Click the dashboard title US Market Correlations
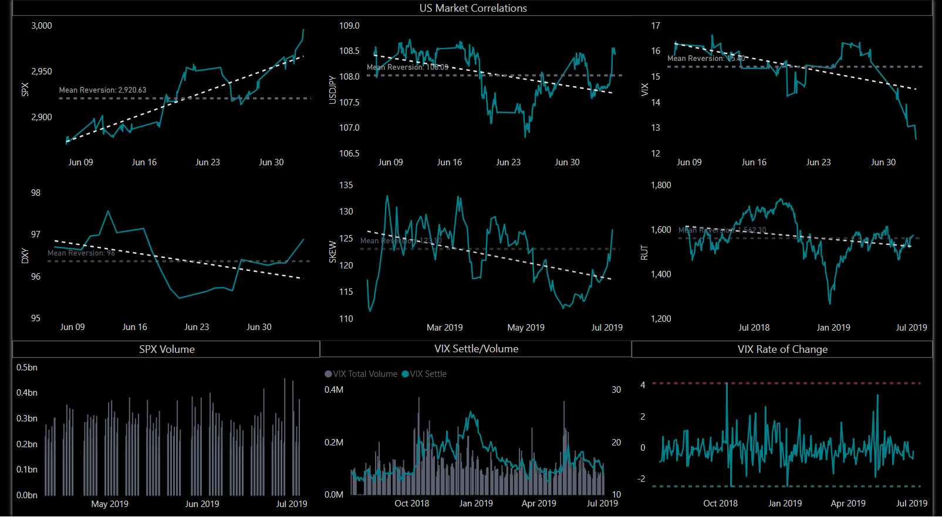pyautogui.click(x=473, y=8)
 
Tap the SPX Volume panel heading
pyautogui.click(x=167, y=349)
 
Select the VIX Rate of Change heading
pyautogui.click(x=782, y=349)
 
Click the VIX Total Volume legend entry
pyautogui.click(x=361, y=374)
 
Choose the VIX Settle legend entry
pyautogui.click(x=424, y=374)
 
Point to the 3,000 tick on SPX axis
pyautogui.click(x=42, y=26)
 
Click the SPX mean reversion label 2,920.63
pyautogui.click(x=103, y=90)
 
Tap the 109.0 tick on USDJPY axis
pyautogui.click(x=349, y=26)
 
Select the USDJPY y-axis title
pyautogui.click(x=333, y=90)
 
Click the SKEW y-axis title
pyautogui.click(x=333, y=251)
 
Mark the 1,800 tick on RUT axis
pyautogui.click(x=661, y=185)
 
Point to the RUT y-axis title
pyautogui.click(x=644, y=253)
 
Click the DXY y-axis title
pyautogui.click(x=25, y=256)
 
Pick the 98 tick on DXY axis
pyautogui.click(x=36, y=193)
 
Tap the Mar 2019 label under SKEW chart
pyautogui.click(x=444, y=328)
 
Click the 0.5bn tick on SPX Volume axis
pyautogui.click(x=27, y=368)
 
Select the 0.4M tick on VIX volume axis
pyautogui.click(x=334, y=390)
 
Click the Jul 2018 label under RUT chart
pyautogui.click(x=754, y=328)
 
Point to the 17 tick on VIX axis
pyautogui.click(x=656, y=26)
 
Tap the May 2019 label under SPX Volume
pyautogui.click(x=110, y=504)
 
